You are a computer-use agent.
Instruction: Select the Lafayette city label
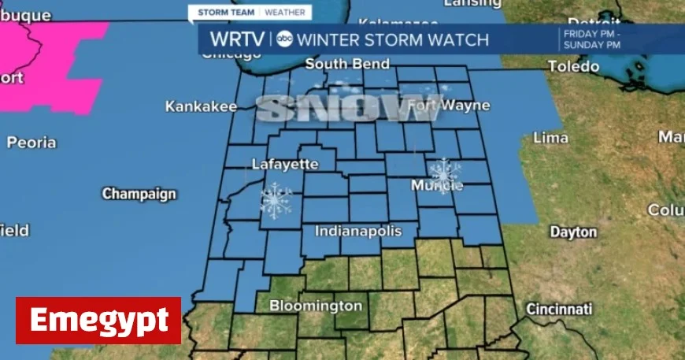(285, 164)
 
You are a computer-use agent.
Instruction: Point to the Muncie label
(437, 186)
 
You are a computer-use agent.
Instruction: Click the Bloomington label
(316, 306)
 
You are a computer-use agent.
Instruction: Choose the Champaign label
(139, 194)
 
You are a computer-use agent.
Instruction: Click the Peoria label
(31, 143)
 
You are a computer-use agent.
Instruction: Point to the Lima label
(551, 137)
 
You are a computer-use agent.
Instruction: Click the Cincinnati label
(559, 307)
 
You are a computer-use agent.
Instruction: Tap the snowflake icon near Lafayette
(276, 200)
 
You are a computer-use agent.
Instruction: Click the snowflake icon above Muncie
(445, 171)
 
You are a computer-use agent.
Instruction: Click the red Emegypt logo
(98, 321)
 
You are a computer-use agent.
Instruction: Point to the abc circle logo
(285, 39)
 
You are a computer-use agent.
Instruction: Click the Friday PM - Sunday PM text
(591, 39)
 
